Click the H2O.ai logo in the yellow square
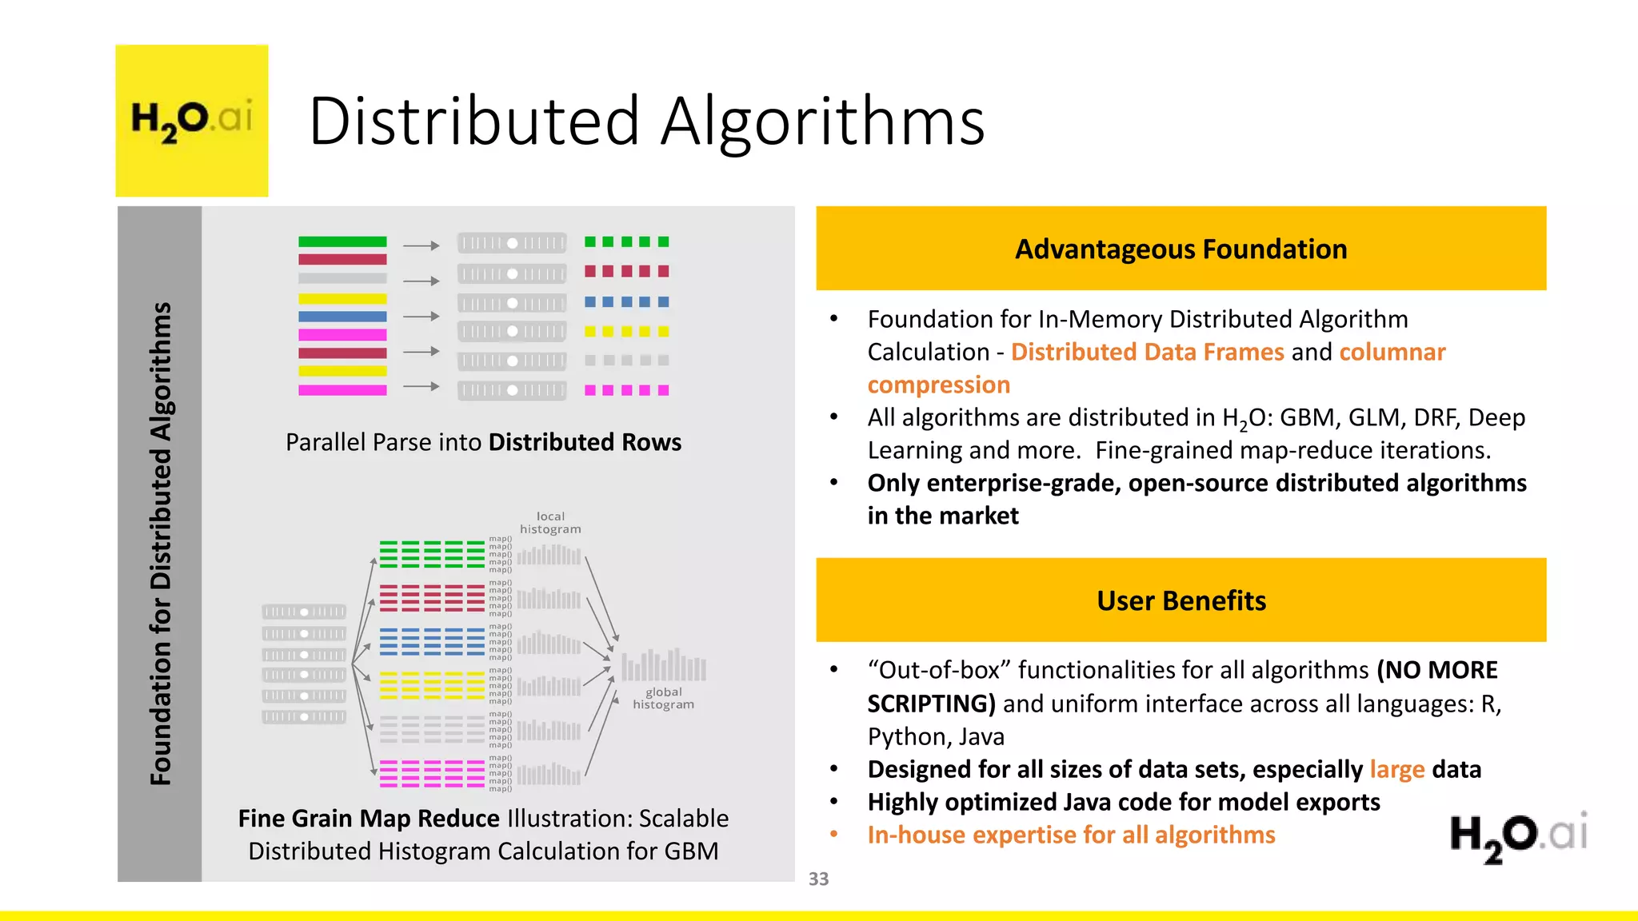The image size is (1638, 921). click(x=192, y=120)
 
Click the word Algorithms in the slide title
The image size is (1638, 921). click(x=823, y=122)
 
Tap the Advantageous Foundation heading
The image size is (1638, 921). click(x=1181, y=249)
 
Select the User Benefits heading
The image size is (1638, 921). click(x=1181, y=600)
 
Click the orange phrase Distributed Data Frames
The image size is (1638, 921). click(x=1147, y=352)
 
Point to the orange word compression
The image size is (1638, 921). click(x=938, y=385)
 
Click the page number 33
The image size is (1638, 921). click(x=818, y=879)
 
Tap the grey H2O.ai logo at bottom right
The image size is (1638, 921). click(x=1518, y=836)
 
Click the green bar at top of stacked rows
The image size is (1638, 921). click(x=342, y=241)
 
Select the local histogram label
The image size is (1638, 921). click(x=550, y=523)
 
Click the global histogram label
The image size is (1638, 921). click(x=663, y=698)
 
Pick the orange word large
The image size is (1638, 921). click(x=1396, y=769)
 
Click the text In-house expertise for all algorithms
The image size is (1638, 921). click(x=1071, y=835)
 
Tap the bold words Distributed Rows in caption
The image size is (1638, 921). click(x=585, y=442)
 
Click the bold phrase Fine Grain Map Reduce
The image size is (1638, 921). click(x=369, y=818)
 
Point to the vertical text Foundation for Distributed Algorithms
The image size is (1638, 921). click(x=161, y=544)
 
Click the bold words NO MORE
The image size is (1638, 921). click(x=1437, y=670)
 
